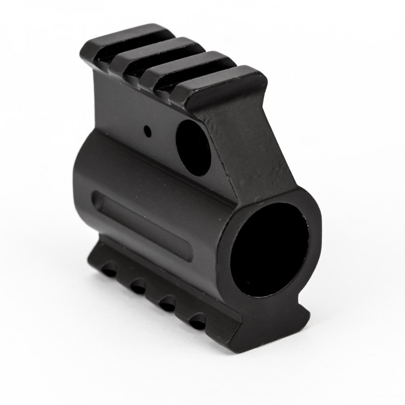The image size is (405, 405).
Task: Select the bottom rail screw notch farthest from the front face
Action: pos(110,269)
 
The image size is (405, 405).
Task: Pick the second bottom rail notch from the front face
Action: pos(169,303)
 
